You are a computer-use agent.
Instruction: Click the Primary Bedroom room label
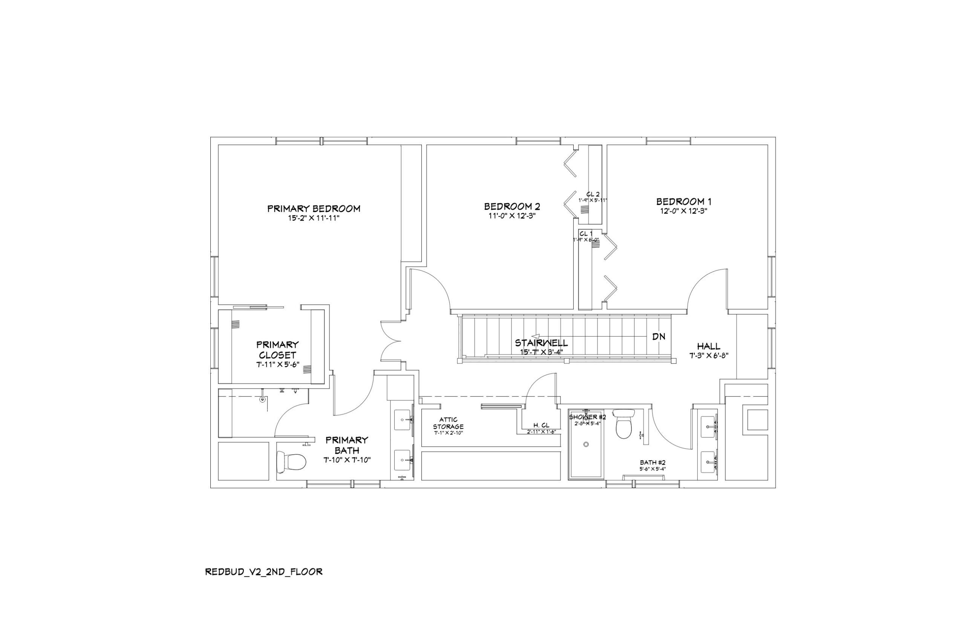[314, 209]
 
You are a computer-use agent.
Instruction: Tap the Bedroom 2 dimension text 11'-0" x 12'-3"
[512, 216]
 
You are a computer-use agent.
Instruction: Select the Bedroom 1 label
[683, 202]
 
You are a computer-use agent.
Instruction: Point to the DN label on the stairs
[659, 337]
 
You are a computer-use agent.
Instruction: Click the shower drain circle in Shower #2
[586, 444]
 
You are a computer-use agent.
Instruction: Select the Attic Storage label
[448, 423]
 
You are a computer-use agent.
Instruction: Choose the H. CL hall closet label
[541, 426]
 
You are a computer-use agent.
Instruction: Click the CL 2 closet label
[593, 194]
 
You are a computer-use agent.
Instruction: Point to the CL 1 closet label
[586, 234]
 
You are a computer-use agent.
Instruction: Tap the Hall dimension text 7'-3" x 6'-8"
[709, 356]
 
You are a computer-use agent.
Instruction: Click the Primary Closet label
[277, 349]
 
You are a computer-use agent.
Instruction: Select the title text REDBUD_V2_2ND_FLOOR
[263, 572]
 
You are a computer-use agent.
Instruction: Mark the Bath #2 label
[653, 463]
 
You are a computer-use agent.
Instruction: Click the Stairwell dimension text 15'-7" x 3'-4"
[541, 352]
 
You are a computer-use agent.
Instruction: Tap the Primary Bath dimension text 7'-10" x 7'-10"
[347, 460]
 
